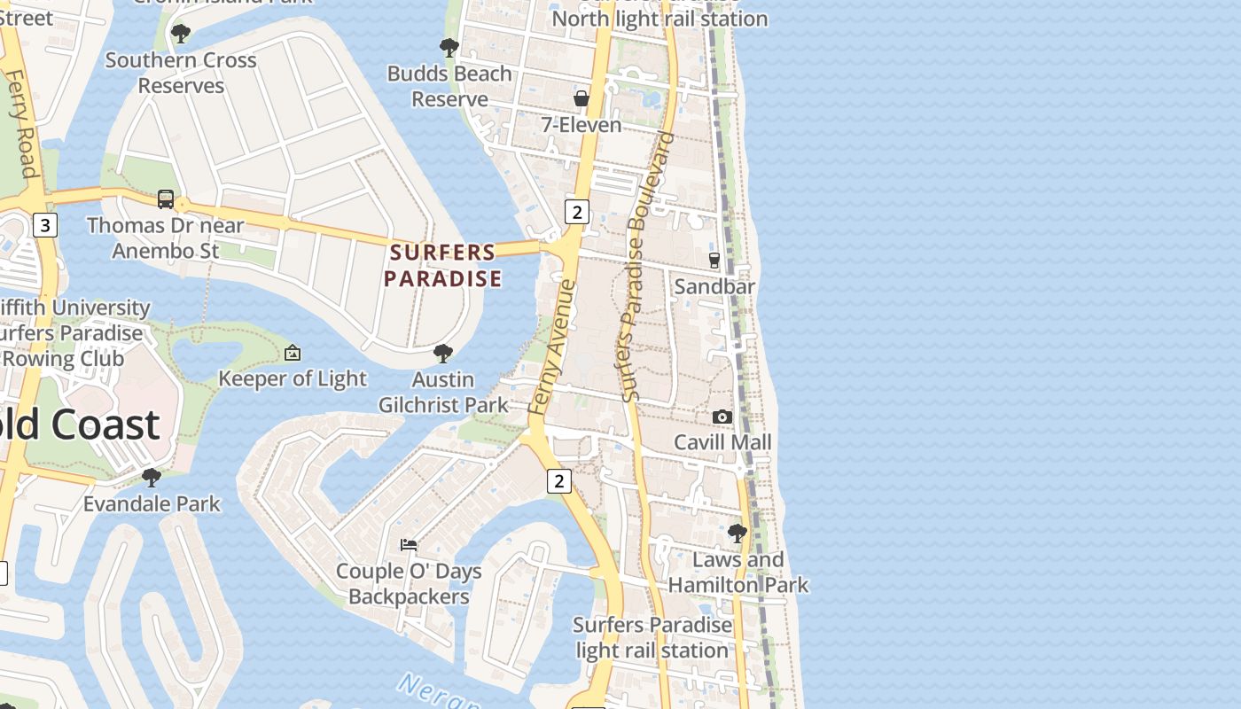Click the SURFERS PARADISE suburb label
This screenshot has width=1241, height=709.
(443, 265)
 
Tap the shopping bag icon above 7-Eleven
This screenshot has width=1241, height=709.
(581, 98)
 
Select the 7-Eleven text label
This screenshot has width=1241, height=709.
(581, 125)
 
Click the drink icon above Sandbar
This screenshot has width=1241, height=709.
(714, 261)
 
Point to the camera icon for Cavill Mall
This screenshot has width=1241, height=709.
(722, 417)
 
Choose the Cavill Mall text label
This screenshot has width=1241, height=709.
(722, 442)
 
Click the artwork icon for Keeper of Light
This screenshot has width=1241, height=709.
(293, 354)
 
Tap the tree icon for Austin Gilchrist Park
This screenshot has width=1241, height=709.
(443, 354)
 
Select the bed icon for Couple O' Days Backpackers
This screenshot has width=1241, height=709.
(409, 544)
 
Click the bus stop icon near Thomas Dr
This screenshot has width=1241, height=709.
(166, 199)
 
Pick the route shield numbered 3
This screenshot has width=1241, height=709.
(44, 225)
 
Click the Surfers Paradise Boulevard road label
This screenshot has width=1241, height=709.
(648, 266)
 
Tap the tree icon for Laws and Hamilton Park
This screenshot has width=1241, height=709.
(738, 534)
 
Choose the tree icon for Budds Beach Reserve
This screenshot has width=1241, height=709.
(449, 48)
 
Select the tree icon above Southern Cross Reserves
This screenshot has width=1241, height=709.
(181, 35)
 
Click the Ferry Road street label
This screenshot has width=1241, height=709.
(20, 124)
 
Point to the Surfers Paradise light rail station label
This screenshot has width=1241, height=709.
(652, 637)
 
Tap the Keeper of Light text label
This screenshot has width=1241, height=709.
(293, 378)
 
